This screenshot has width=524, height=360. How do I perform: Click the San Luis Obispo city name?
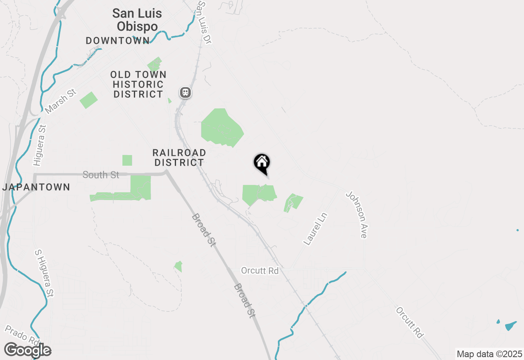[x=137, y=20]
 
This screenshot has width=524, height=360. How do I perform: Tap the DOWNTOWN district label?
[x=117, y=40]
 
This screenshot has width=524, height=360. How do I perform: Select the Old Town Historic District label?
[x=138, y=84]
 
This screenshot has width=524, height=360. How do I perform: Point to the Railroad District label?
[x=179, y=157]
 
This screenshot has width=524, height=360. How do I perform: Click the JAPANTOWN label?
[x=36, y=187]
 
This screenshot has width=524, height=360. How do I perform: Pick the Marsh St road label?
[x=61, y=102]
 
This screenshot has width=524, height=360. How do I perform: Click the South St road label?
[x=101, y=175]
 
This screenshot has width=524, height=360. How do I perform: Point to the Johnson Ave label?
[x=357, y=214]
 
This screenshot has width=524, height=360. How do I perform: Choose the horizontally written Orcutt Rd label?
[x=260, y=271]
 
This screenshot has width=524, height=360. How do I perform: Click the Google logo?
[x=27, y=350]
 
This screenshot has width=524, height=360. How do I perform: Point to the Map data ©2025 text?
[x=489, y=354]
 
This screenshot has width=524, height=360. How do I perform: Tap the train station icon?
[x=185, y=92]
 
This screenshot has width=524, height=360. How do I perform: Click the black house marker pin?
[x=262, y=163]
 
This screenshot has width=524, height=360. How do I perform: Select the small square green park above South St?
[x=127, y=160]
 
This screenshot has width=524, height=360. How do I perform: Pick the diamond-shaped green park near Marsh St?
[x=88, y=100]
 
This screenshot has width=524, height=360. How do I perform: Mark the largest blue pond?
[x=510, y=326]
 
